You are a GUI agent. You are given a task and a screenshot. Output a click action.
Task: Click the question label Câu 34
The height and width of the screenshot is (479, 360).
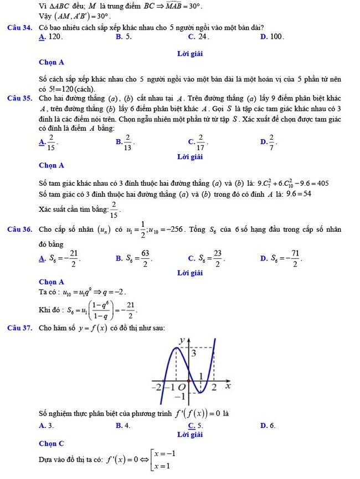click(x=19, y=27)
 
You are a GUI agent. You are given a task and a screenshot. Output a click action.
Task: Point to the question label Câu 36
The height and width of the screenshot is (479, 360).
click(x=19, y=230)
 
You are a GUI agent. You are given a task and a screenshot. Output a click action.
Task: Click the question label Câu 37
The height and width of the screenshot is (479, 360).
click(x=19, y=329)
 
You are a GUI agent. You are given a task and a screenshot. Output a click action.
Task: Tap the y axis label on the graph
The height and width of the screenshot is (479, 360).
click(x=181, y=339)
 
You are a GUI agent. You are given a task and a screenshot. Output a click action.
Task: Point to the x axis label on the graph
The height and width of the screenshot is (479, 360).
click(x=227, y=385)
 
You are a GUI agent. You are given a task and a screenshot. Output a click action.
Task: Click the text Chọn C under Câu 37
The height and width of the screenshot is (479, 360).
click(x=52, y=444)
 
